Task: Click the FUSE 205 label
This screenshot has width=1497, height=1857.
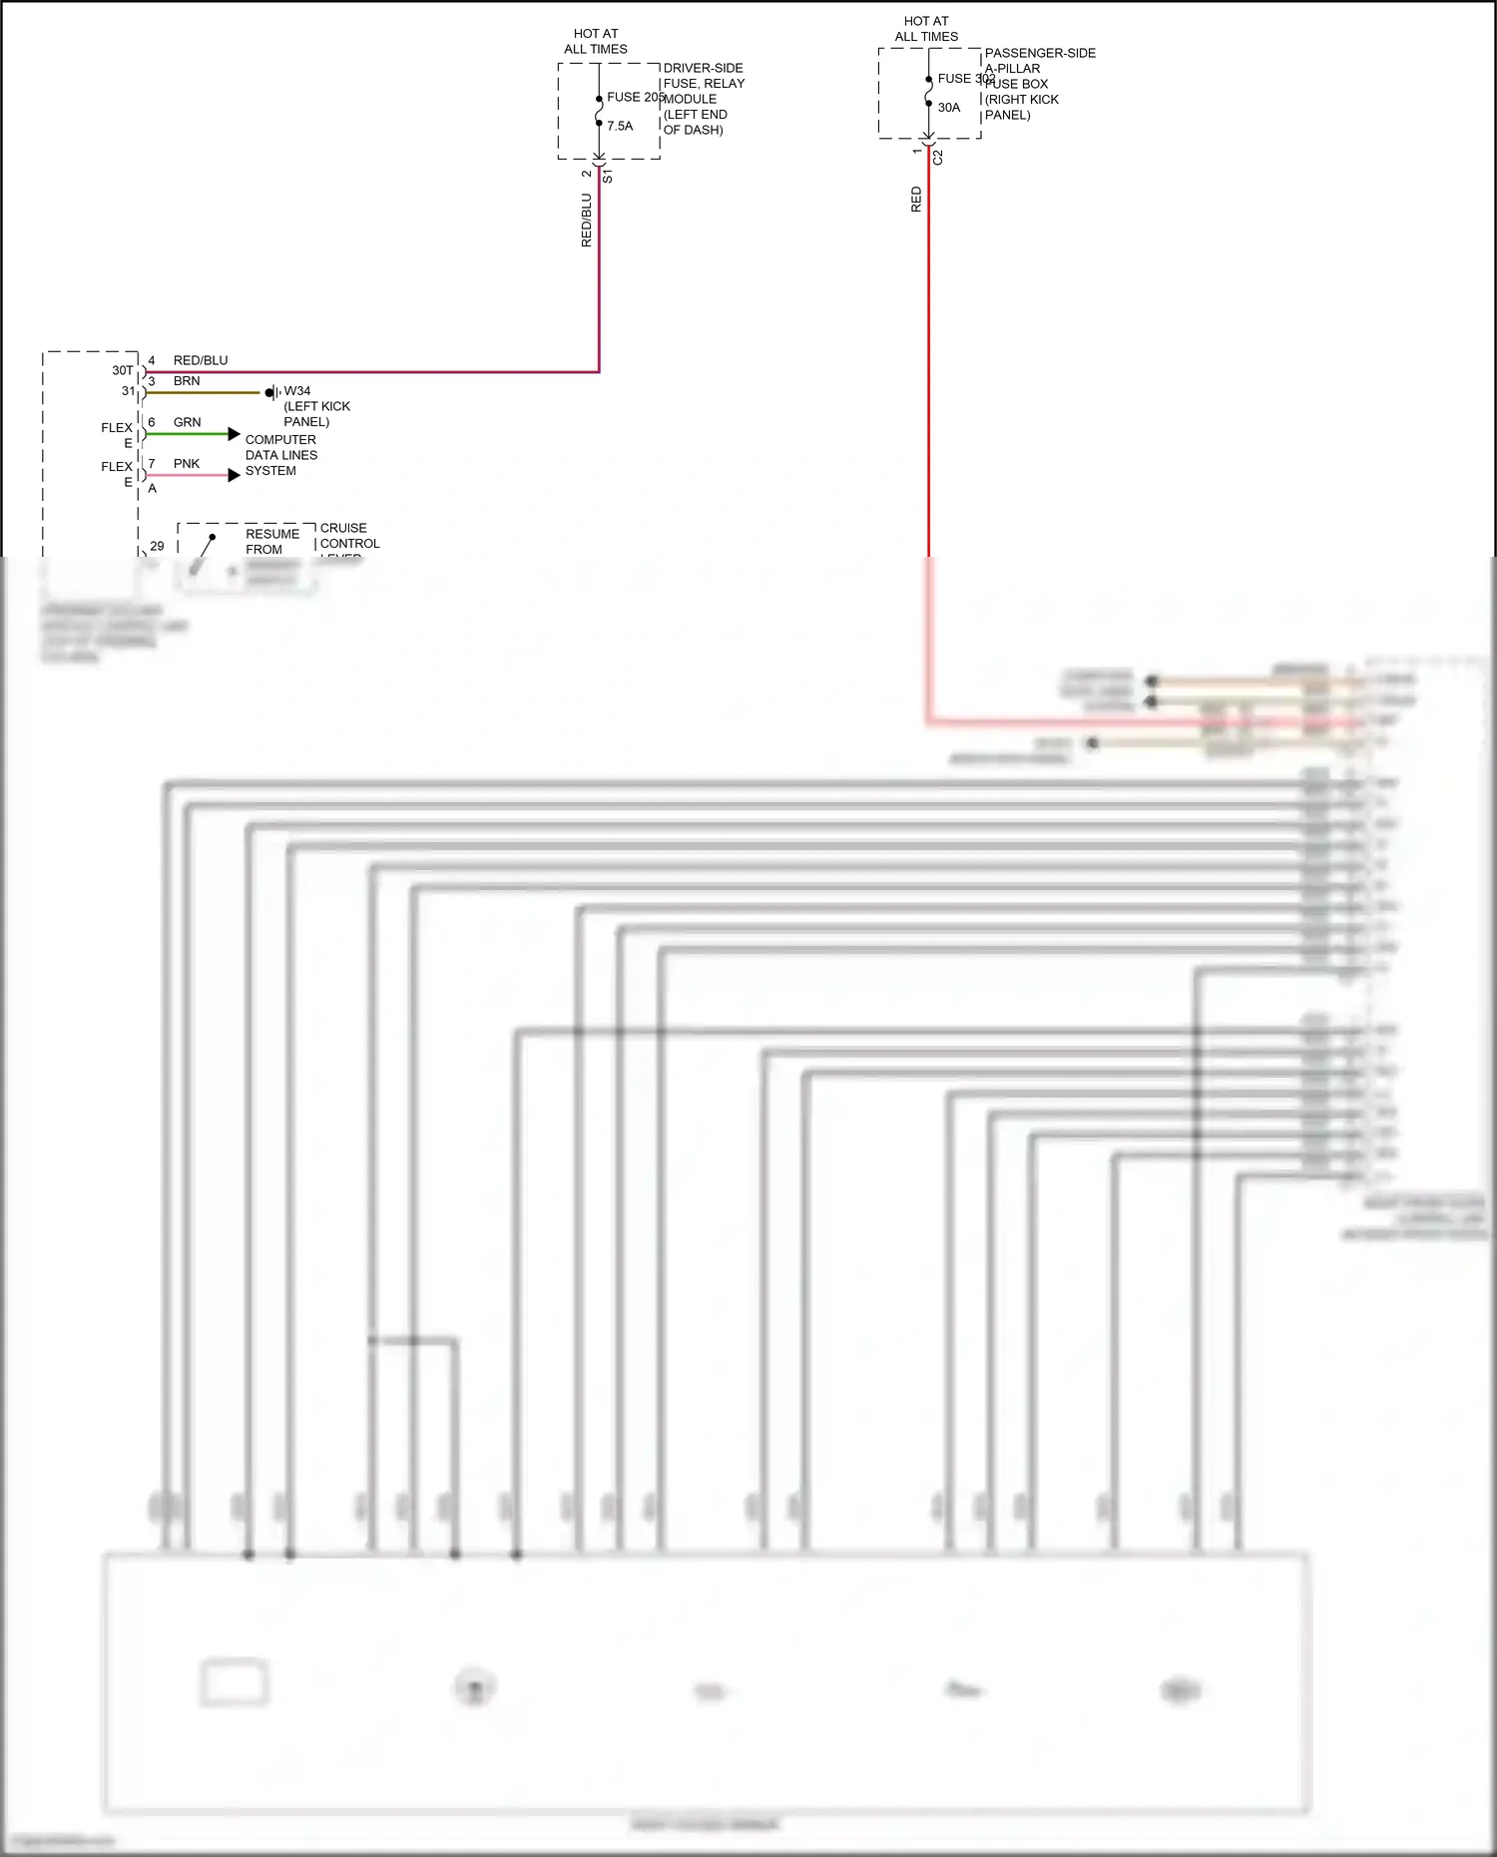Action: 635,97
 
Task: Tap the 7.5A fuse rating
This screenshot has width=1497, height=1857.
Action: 620,126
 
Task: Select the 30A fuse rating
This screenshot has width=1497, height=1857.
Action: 949,108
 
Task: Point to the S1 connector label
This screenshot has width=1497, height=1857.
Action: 608,177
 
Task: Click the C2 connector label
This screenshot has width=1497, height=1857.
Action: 938,158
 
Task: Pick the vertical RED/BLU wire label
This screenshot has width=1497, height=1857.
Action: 587,221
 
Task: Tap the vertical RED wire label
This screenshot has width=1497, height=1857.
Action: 917,200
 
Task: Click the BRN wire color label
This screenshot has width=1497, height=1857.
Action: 187,381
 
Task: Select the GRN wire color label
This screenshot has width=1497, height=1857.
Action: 187,422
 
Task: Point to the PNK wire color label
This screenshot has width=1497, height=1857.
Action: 187,464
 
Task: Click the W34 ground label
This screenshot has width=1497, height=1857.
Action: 297,391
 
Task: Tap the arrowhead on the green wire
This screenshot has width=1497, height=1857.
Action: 235,434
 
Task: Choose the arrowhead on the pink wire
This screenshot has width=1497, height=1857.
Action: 235,475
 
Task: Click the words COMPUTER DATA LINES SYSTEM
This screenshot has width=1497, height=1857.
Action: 280,455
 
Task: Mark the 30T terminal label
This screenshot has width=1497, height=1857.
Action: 122,370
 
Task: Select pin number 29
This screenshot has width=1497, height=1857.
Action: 157,546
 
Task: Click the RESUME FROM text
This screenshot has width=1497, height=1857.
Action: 271,542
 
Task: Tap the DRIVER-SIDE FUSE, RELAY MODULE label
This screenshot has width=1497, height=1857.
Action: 704,99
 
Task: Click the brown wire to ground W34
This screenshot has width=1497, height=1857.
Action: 204,393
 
